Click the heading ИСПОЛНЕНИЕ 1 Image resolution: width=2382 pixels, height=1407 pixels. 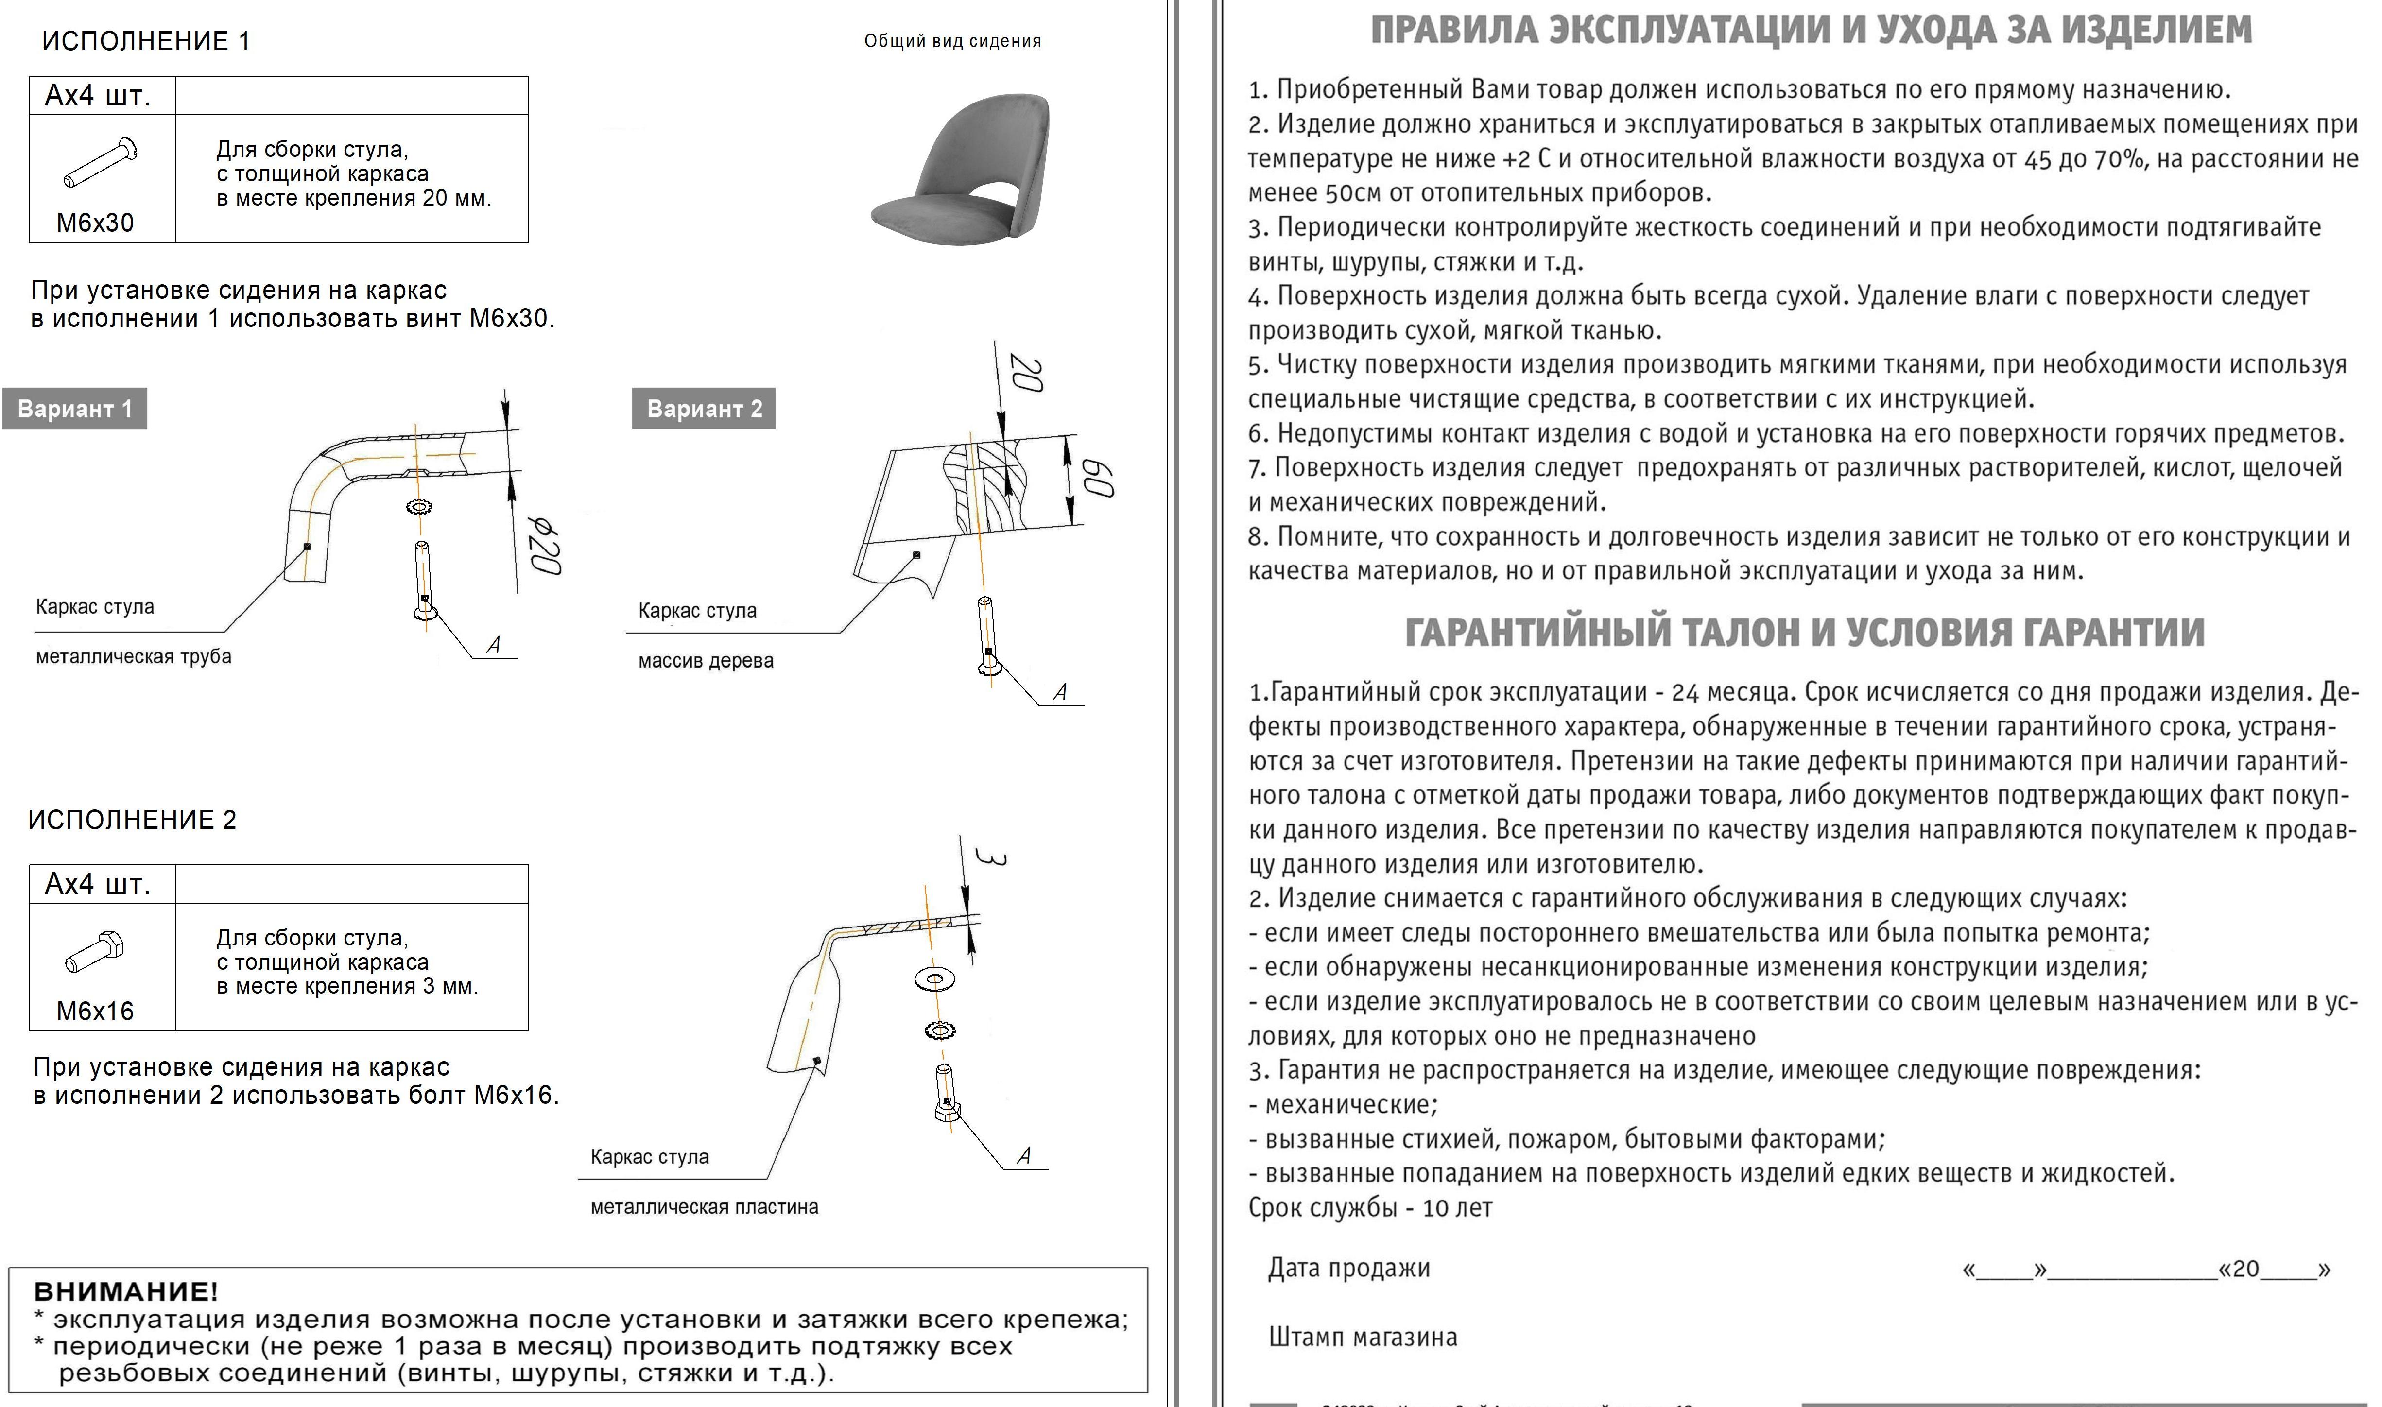click(x=146, y=41)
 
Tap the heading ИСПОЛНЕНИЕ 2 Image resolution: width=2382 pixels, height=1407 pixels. click(x=132, y=820)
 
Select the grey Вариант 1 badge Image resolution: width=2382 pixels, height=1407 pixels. click(x=75, y=409)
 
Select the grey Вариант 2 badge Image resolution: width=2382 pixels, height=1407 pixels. click(x=704, y=409)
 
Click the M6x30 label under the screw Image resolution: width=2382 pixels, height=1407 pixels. click(x=95, y=223)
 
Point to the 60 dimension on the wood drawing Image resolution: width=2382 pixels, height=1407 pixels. click(x=1098, y=479)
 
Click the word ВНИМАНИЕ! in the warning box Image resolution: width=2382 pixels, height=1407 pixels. click(x=125, y=1291)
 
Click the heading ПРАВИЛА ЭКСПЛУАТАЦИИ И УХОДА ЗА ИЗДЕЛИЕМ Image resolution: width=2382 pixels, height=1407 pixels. click(x=1811, y=29)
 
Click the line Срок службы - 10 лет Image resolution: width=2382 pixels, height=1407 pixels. click(x=1370, y=1208)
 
